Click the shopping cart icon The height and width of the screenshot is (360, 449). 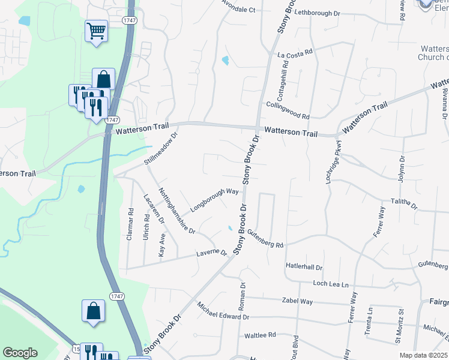point(96,31)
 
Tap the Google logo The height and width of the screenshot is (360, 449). point(20,353)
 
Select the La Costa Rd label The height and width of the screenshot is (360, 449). point(295,54)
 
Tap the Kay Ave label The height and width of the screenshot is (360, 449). point(162,244)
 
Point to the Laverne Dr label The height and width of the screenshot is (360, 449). point(212,254)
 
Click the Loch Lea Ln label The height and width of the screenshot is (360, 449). point(331,283)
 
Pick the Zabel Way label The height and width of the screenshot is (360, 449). point(298,301)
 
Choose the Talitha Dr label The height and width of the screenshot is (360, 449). point(404,204)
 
